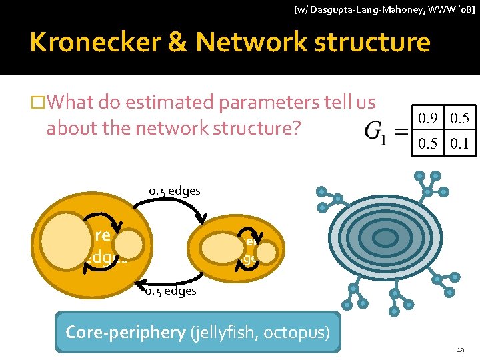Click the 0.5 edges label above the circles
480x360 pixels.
(x=174, y=191)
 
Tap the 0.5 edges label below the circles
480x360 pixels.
(x=171, y=291)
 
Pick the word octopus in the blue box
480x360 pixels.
(x=297, y=331)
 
